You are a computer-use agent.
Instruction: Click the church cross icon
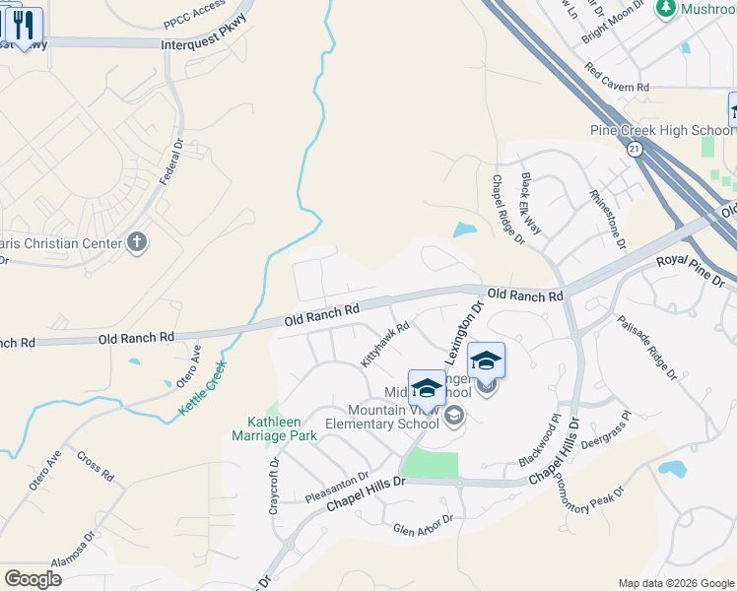(x=137, y=242)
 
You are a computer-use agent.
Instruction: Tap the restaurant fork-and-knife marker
(x=24, y=26)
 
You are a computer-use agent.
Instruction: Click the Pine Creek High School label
(x=661, y=130)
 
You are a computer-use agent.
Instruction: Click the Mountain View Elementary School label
(x=393, y=418)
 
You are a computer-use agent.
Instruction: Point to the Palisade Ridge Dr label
(x=647, y=347)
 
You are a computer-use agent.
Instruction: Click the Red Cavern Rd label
(x=617, y=79)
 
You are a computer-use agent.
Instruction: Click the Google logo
(x=33, y=579)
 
